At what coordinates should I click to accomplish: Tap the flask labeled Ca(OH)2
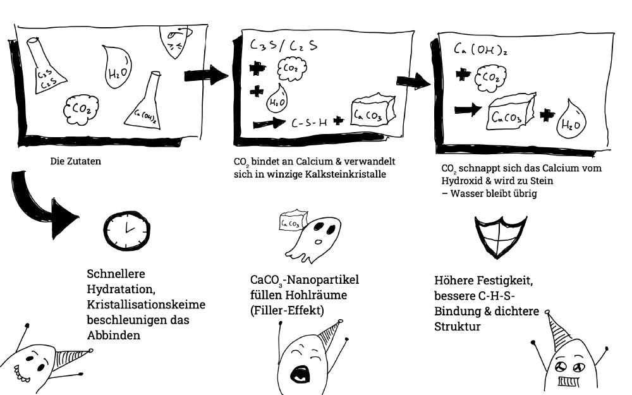[x=149, y=104]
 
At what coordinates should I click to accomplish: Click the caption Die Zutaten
[x=75, y=161]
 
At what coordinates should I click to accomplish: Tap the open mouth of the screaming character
[x=299, y=374]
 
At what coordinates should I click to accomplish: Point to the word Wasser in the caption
[x=467, y=193]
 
